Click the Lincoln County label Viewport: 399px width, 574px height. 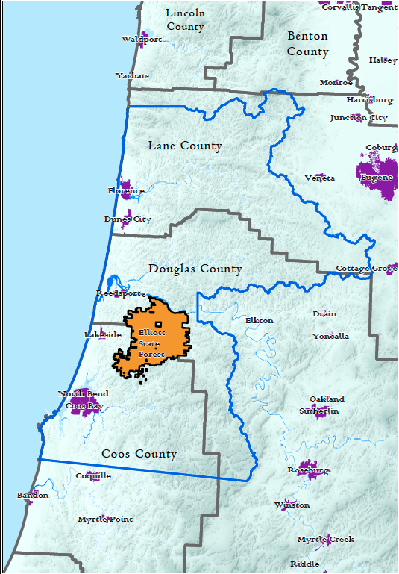tap(184, 20)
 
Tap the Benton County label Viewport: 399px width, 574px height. tap(307, 44)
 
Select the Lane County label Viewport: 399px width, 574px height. tap(184, 146)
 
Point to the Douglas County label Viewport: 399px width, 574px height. tap(195, 269)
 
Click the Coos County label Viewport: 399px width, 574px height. tap(139, 454)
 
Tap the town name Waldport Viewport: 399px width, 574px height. tap(142, 40)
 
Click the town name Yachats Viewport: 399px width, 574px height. tap(132, 75)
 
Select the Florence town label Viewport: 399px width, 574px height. tap(126, 191)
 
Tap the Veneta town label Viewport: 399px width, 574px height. tap(320, 178)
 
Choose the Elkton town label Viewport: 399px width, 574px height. tap(259, 320)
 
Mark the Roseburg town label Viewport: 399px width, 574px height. tap(308, 470)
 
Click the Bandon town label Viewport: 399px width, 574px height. tap(33, 495)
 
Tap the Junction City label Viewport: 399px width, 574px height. tap(359, 118)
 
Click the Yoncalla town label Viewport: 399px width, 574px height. tap(330, 336)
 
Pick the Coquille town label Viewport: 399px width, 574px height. tap(93, 475)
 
